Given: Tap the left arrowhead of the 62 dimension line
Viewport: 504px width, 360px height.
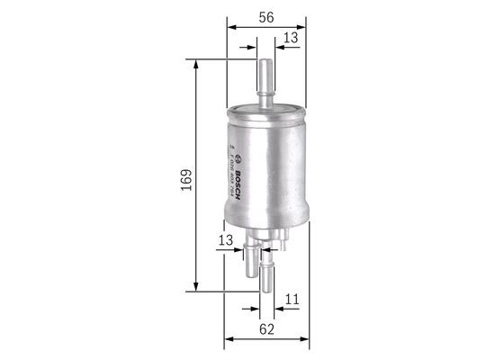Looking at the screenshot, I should coord(229,340).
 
